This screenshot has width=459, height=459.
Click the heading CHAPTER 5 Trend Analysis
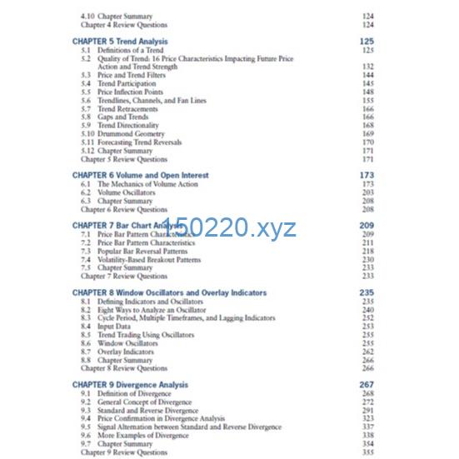(119, 41)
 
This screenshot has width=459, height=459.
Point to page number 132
(367, 67)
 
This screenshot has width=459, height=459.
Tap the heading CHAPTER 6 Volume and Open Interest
(140, 175)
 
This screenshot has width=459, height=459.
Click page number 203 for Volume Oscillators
(367, 192)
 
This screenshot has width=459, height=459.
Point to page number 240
(367, 310)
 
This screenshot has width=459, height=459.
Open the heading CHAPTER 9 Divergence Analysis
(131, 385)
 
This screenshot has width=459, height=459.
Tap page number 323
(367, 419)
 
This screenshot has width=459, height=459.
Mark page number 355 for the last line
(367, 452)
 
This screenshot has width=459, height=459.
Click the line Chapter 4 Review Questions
(123, 25)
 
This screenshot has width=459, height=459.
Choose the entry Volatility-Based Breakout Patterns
(149, 260)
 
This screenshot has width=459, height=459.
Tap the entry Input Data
(114, 327)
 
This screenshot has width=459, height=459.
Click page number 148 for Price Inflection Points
(367, 92)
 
